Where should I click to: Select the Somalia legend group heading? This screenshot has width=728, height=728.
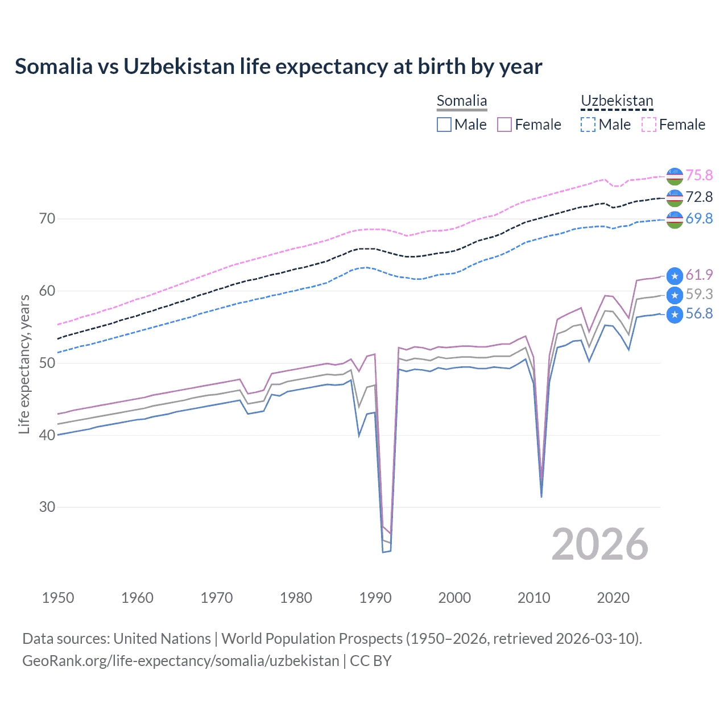coord(462,101)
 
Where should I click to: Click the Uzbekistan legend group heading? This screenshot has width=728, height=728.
coord(617,101)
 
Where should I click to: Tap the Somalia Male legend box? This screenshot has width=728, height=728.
coord(444,125)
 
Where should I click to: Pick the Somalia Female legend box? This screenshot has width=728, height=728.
coord(504,125)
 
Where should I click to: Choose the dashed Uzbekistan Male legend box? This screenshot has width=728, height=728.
coord(588,125)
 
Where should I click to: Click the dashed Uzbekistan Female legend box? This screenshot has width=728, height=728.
coord(649,125)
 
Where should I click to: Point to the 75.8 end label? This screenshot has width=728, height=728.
coord(699,175)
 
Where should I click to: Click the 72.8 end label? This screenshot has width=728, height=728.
coord(699,197)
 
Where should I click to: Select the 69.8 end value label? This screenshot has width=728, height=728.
coord(699,218)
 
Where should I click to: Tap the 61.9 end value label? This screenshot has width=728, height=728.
coord(699,275)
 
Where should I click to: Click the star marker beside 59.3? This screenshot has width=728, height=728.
coord(675,295)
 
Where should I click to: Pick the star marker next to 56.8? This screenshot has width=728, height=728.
coord(675,315)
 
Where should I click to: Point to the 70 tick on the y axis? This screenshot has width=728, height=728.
coord(47,218)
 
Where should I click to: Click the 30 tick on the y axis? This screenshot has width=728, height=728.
coord(47,507)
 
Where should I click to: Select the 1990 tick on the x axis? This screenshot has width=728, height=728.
coord(375,598)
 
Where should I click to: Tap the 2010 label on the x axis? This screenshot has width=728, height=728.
coord(533,598)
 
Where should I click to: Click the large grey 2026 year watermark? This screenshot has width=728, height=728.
coord(600,544)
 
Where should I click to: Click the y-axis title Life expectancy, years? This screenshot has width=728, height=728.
coord(24,364)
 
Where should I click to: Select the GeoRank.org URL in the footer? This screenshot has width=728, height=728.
coord(180,661)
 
